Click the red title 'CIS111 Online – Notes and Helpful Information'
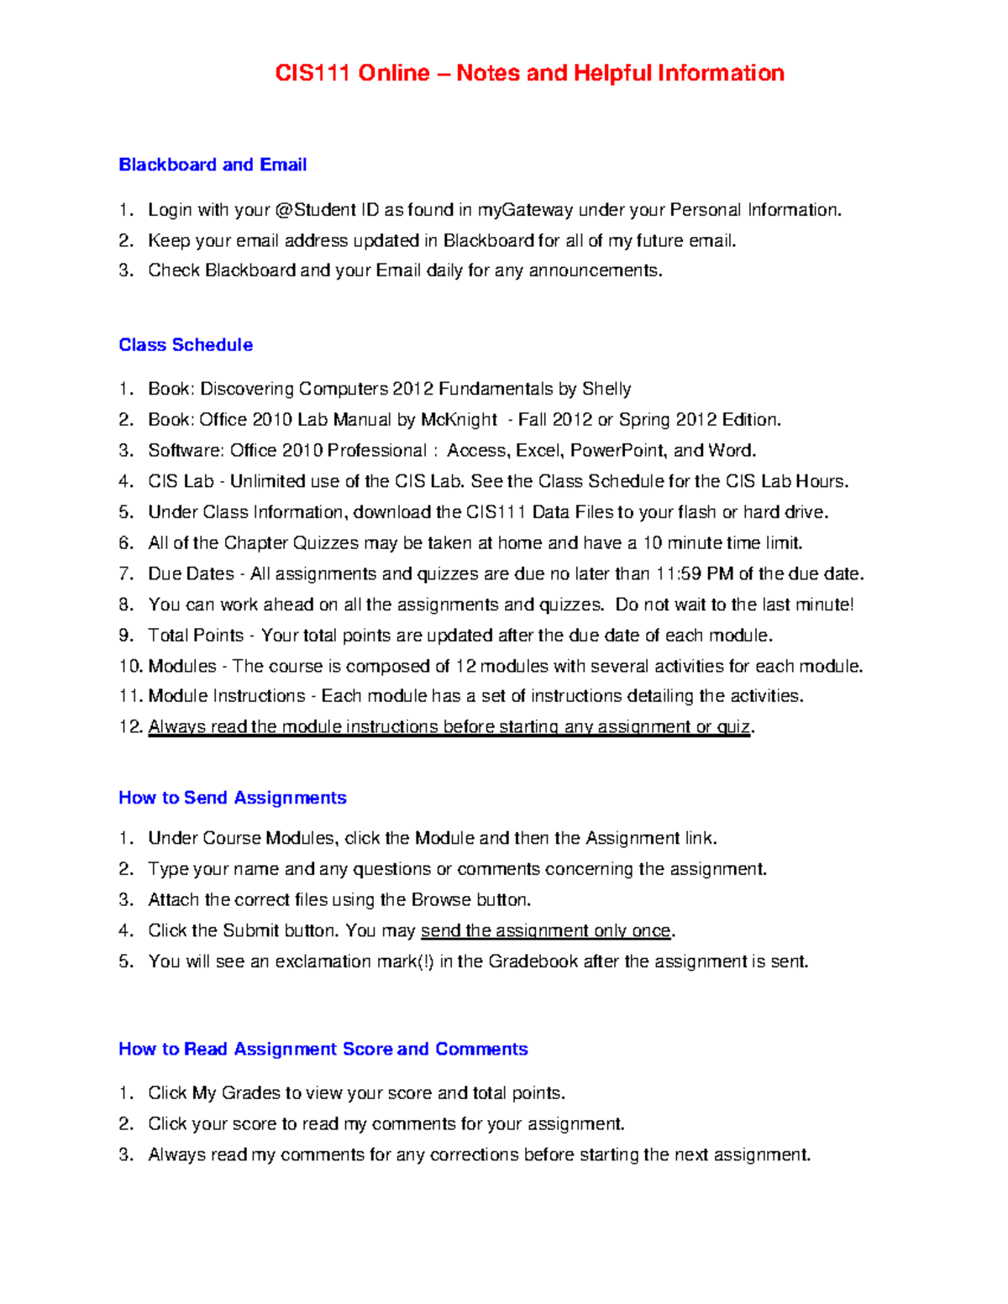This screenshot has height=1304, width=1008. [x=529, y=74]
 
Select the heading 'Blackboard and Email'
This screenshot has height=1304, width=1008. [x=213, y=165]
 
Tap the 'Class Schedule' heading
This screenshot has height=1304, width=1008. [x=186, y=345]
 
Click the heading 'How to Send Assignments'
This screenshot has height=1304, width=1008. [x=233, y=798]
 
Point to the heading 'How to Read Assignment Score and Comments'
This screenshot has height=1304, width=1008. [x=323, y=1049]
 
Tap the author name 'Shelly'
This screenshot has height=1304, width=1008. [x=606, y=389]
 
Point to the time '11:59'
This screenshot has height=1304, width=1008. [x=678, y=574]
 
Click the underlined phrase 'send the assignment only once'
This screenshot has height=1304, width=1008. [x=546, y=930]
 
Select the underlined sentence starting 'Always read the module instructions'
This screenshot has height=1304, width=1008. [x=449, y=727]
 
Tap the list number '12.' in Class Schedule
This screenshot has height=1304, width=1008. [x=131, y=727]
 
